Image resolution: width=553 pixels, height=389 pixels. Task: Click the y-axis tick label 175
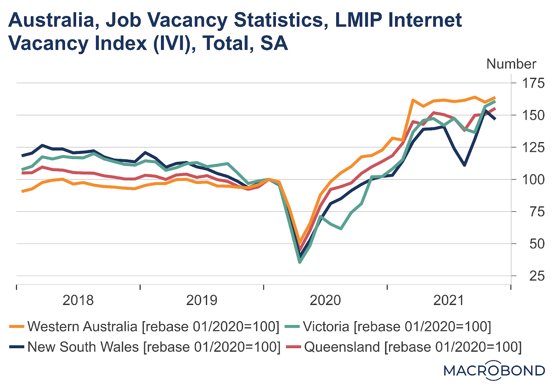[533, 83]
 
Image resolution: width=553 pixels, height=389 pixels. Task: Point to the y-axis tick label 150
[533, 115]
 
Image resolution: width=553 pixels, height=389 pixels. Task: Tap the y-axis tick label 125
[533, 148]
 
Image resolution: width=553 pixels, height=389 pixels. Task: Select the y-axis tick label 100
[533, 180]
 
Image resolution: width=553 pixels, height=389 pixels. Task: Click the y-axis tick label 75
[537, 212]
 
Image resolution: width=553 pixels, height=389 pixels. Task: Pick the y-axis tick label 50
[537, 244]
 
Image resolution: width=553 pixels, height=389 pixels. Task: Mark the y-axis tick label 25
[537, 276]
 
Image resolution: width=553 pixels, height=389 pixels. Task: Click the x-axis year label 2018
[78, 300]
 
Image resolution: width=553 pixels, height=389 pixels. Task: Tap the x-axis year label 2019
[202, 300]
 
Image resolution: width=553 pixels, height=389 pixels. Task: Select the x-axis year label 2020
[325, 300]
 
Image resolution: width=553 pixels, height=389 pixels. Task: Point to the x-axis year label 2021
[449, 300]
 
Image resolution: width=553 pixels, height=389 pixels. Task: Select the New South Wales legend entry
[145, 347]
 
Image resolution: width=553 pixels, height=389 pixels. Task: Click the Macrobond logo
[494, 370]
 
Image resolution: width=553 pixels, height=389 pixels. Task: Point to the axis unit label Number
[511, 64]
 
